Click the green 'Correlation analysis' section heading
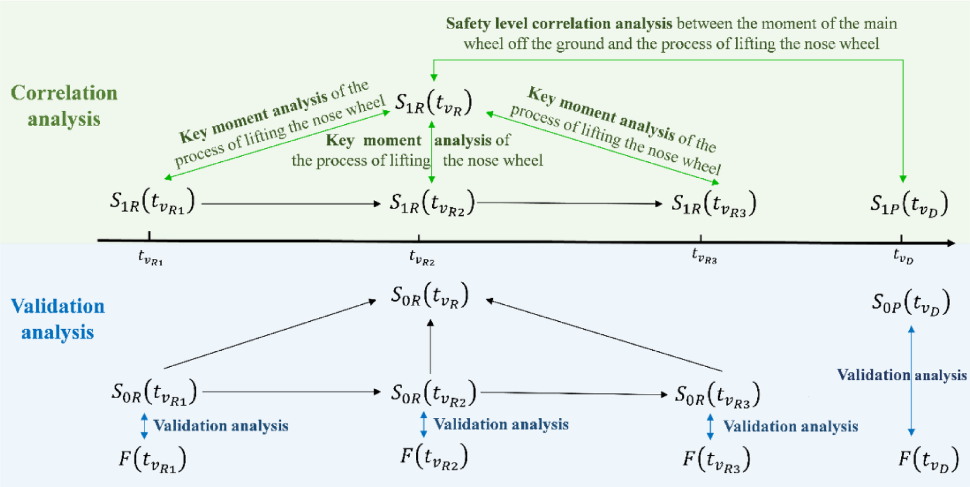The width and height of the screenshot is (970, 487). pos(64,106)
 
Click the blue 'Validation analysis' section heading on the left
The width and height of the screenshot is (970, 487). pos(58,318)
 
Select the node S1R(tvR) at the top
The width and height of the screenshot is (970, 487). pos(433,103)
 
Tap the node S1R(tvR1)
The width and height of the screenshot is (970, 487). pos(152,203)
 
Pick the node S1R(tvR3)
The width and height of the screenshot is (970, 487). pos(713,203)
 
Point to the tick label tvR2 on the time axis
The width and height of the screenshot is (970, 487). pos(421,258)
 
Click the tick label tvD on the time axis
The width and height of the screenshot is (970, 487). pos(903,257)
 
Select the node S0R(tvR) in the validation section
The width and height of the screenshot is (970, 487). pos(430,296)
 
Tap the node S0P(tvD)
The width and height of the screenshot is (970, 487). pos(910,303)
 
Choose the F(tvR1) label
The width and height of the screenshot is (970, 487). pos(152,459)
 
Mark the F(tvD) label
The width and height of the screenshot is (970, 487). pos(928,459)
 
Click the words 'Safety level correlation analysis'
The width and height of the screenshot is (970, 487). pos(559,23)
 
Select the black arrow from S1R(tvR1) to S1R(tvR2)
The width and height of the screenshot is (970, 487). pos(290,203)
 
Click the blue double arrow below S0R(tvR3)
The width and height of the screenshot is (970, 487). pos(710,427)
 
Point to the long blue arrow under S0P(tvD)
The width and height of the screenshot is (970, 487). pos(911,380)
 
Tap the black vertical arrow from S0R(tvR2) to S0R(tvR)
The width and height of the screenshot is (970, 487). pos(431,346)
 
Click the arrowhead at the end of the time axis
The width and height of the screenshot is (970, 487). pos(951,243)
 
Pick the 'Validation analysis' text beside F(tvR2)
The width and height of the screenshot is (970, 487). pos(501,424)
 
